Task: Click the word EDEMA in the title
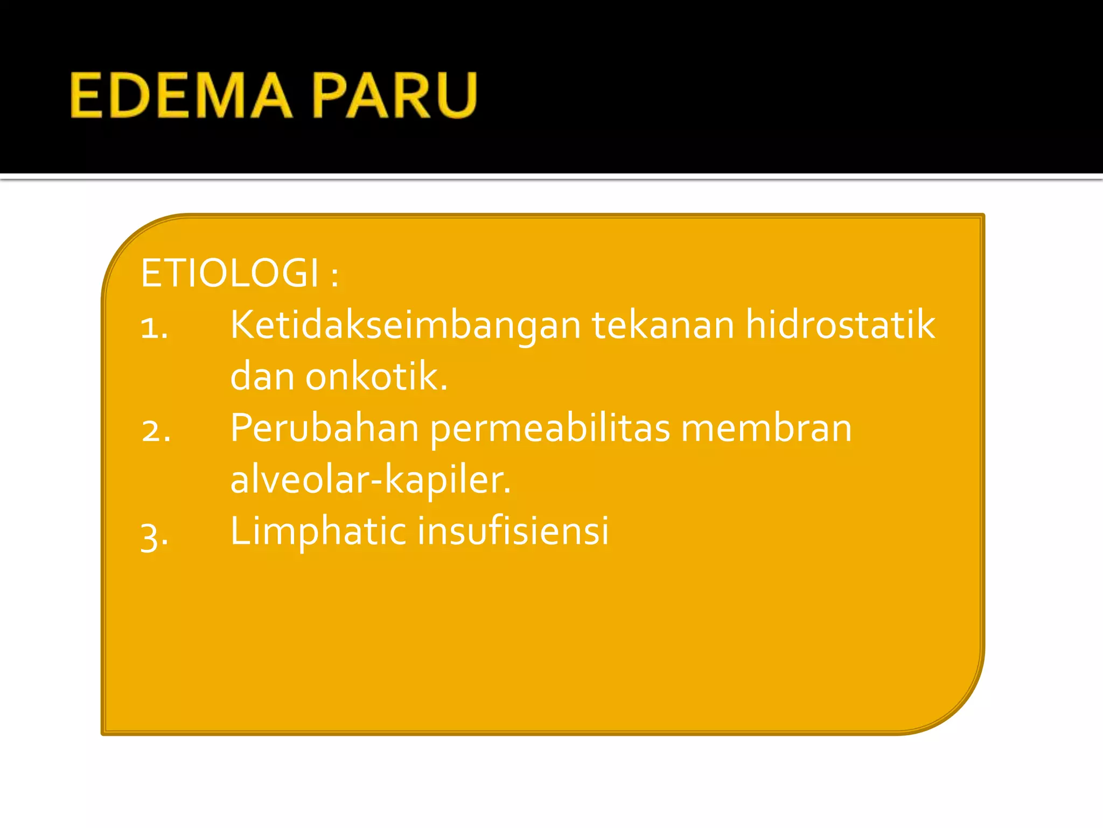click(x=181, y=96)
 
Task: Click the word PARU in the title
click(x=394, y=96)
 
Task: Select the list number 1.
click(x=154, y=328)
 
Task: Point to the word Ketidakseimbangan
click(x=405, y=326)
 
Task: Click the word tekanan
click(x=663, y=326)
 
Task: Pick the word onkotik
click(x=376, y=376)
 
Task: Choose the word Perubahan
click(x=324, y=429)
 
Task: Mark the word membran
click(x=766, y=429)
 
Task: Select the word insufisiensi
click(x=513, y=530)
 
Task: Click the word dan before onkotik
click(x=262, y=376)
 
